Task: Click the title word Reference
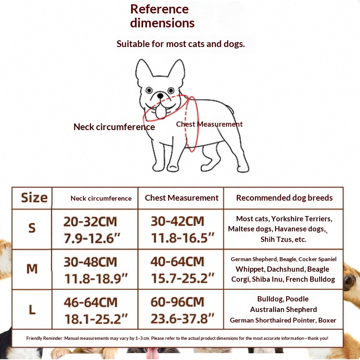click(x=159, y=9)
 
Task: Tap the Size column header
click(x=34, y=198)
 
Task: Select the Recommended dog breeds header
click(x=284, y=198)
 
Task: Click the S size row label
click(x=32, y=228)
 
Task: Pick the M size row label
click(x=32, y=269)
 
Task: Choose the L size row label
click(x=32, y=310)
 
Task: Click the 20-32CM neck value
click(x=90, y=222)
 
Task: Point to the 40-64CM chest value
click(x=177, y=262)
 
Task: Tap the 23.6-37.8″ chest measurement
click(x=182, y=318)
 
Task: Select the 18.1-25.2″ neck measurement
click(x=96, y=319)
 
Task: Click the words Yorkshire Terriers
click(x=302, y=219)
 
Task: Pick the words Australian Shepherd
click(x=283, y=310)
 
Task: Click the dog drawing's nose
click(x=160, y=96)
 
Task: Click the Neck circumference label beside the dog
click(x=114, y=127)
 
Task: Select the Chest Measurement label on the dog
click(x=209, y=124)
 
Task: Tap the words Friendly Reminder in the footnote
click(x=45, y=338)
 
